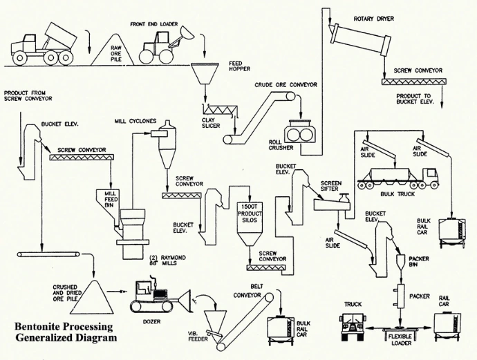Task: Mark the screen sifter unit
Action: (x=330, y=202)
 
